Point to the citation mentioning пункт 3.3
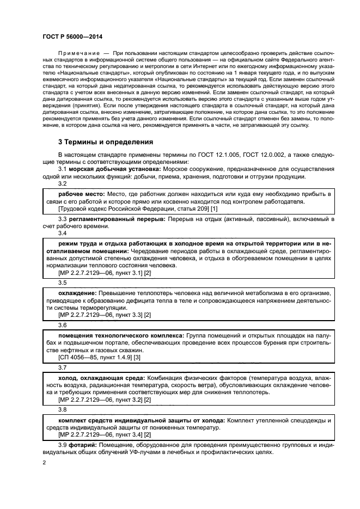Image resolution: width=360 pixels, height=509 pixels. (104, 314)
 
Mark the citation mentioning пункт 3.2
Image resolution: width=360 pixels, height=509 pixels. (104, 399)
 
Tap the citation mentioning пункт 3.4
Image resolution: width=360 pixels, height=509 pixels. (104, 434)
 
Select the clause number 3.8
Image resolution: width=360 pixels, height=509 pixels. (62, 409)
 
